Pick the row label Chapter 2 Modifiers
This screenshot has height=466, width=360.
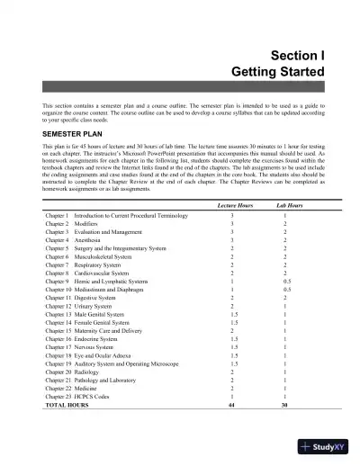tap(72, 225)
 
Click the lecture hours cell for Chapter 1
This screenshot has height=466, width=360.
tap(232, 217)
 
